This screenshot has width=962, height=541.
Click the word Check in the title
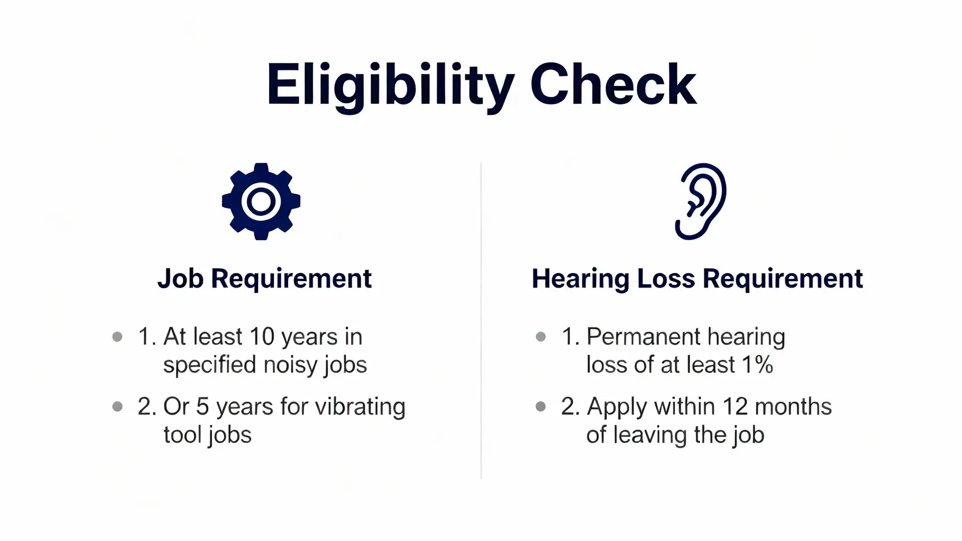tap(614, 84)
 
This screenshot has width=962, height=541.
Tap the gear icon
tap(261, 202)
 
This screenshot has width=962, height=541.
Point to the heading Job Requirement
tap(264, 278)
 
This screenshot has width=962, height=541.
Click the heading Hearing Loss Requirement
tap(698, 278)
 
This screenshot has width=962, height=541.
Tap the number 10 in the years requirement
tap(262, 336)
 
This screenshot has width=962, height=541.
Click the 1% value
tap(757, 364)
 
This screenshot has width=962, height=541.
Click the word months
tap(793, 406)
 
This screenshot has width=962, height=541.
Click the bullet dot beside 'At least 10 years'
tap(117, 337)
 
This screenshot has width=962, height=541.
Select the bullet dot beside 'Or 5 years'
tap(117, 406)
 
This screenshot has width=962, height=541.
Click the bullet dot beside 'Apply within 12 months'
tap(540, 406)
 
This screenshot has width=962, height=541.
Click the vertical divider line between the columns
tap(481, 320)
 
